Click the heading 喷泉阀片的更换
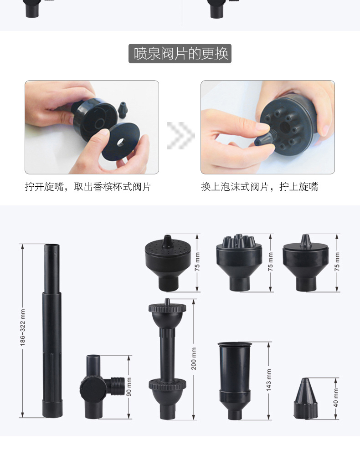180,53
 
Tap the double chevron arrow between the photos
180,135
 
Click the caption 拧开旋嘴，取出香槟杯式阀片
87,187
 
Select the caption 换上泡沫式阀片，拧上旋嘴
260,187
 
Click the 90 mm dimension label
129,387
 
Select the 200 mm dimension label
194,358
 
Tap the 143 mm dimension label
269,380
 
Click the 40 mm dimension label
336,398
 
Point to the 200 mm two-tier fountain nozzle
167,360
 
